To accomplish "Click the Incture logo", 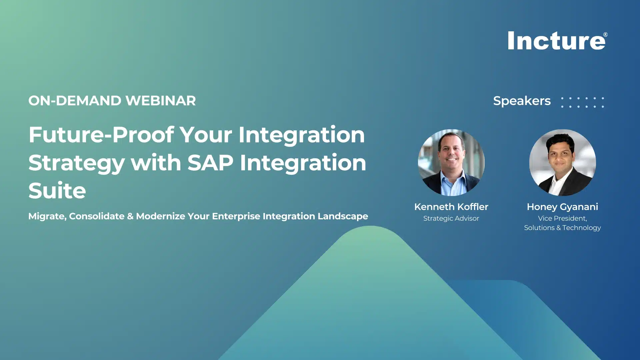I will (x=556, y=41).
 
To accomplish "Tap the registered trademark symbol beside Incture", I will (x=605, y=35).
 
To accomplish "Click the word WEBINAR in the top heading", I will (x=161, y=101).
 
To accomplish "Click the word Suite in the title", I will (x=57, y=191).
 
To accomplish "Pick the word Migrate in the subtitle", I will (x=47, y=216).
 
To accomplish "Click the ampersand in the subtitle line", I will (x=130, y=216).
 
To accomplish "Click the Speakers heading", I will (x=522, y=101).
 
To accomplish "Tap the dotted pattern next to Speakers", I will (x=582, y=102).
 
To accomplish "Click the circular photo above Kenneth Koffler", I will (x=451, y=162).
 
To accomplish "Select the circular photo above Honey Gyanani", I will (x=562, y=162).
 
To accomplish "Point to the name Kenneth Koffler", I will (x=451, y=207).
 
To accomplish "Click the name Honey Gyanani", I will (x=562, y=207).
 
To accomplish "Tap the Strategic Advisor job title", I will (x=451, y=218).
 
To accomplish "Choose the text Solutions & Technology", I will (x=562, y=228).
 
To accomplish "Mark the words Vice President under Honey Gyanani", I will (x=562, y=218).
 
